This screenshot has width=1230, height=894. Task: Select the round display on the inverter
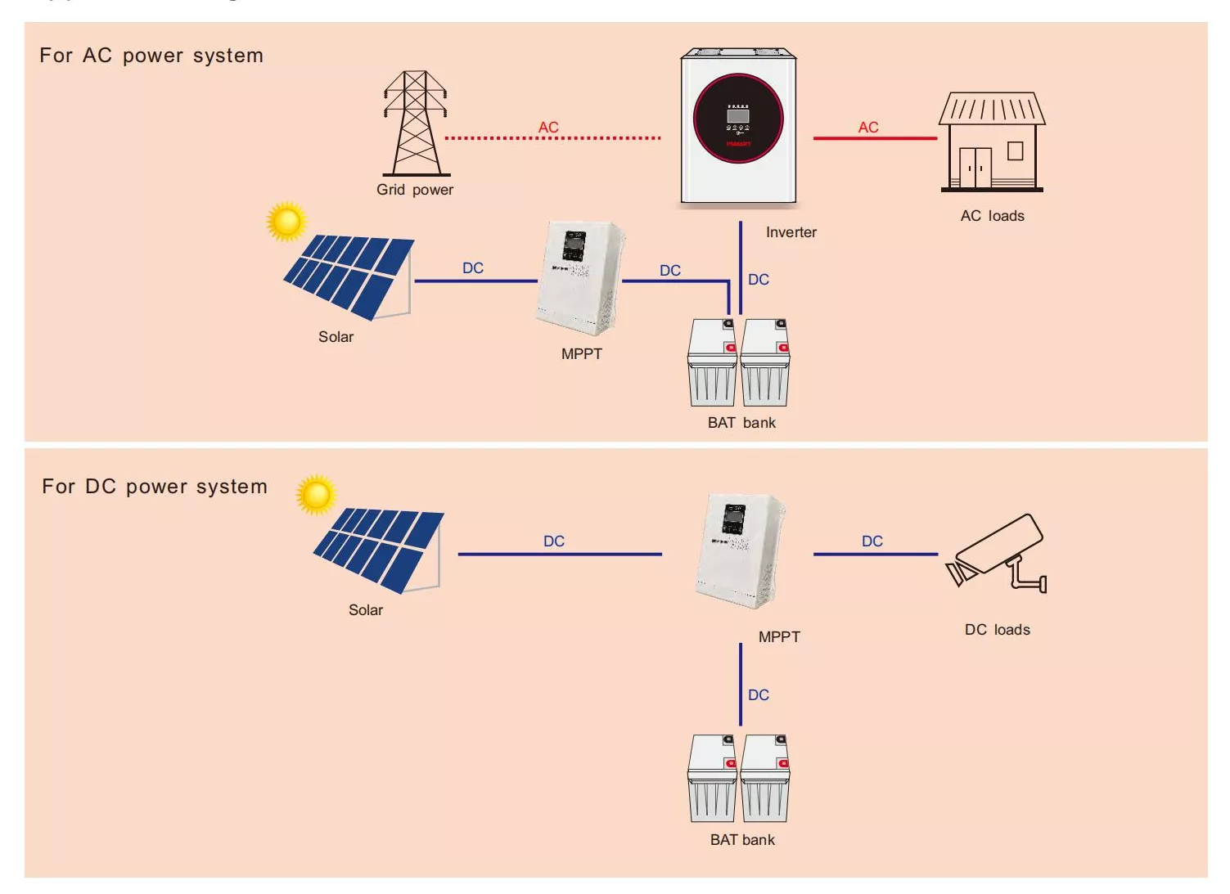(738, 119)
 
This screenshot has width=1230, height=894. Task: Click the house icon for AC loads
(992, 142)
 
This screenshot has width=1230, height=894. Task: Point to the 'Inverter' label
(791, 232)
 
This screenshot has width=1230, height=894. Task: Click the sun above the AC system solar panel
(286, 221)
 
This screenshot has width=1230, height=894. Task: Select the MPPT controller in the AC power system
(580, 278)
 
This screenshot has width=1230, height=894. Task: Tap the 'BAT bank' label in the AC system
(741, 423)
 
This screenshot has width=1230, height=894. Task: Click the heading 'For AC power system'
(151, 56)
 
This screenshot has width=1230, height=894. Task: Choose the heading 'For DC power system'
(155, 487)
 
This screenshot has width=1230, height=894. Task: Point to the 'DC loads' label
(997, 630)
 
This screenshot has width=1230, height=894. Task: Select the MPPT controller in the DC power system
(739, 550)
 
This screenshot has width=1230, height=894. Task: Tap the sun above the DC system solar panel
(316, 494)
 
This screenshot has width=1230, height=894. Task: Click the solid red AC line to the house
(874, 138)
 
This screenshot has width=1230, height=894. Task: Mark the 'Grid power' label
(414, 190)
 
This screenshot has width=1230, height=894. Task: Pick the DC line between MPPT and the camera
(875, 555)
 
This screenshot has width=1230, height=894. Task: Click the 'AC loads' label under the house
(992, 216)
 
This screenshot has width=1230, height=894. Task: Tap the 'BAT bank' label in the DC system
(742, 840)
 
